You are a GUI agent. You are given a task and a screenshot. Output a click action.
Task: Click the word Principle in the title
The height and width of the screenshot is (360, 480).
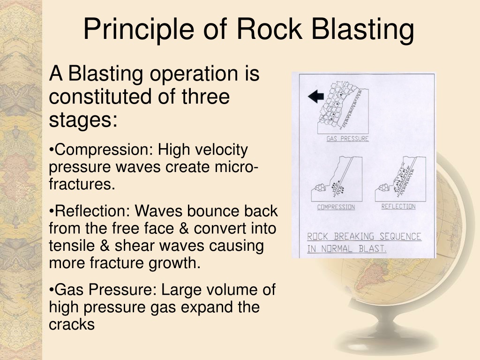[138, 30]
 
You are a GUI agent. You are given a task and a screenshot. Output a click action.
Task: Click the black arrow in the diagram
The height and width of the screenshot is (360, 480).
[316, 97]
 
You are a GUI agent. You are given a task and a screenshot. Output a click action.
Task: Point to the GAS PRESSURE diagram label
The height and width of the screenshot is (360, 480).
[347, 139]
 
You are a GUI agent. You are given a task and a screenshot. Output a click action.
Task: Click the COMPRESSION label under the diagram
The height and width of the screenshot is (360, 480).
[336, 207]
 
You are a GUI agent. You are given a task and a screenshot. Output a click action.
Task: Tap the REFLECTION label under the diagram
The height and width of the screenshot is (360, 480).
[398, 207]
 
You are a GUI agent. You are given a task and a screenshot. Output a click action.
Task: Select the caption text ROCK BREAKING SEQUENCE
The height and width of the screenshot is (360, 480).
[364, 237]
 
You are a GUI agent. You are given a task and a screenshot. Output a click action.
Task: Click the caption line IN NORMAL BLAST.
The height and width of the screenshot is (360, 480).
[347, 249]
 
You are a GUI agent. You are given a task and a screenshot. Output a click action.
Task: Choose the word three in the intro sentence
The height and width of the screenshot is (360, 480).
[206, 97]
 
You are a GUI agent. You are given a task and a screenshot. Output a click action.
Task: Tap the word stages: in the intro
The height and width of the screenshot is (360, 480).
[83, 120]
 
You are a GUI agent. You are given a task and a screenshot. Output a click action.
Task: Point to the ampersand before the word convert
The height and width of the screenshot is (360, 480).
[183, 228]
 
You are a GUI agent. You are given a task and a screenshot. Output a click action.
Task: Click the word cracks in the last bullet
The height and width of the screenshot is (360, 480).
[72, 324]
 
